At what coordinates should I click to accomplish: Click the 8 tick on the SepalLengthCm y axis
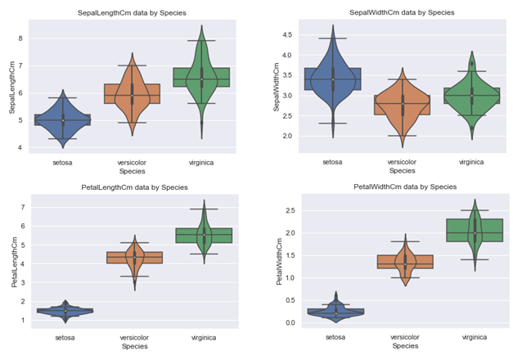(x=21, y=38)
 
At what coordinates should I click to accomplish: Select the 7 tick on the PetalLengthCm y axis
(x=21, y=207)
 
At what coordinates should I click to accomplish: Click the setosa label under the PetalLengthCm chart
(x=65, y=336)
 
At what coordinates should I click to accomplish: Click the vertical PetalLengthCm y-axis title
(x=9, y=259)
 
